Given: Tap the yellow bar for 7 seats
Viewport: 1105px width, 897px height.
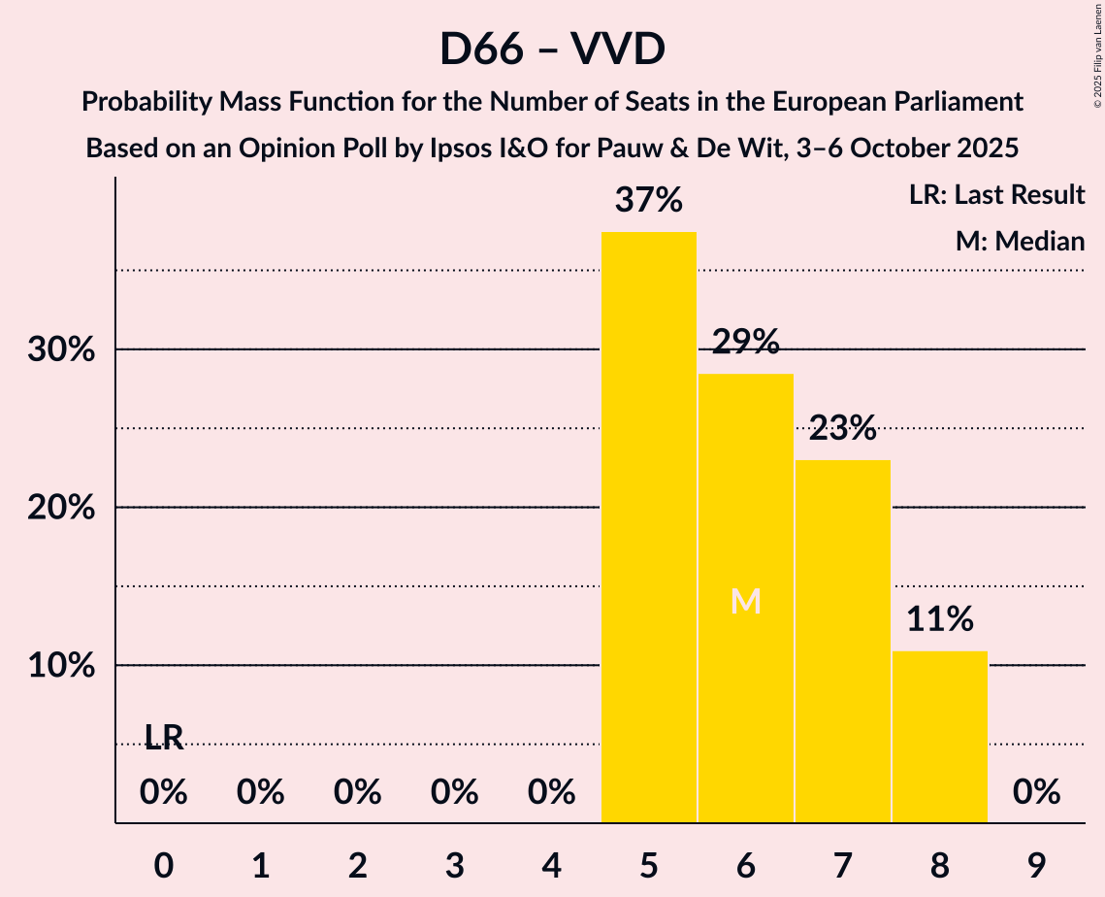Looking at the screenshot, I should [x=842, y=641].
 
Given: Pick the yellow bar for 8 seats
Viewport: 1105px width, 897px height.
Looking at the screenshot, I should [x=939, y=737].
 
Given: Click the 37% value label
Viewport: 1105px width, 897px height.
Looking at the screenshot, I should [x=648, y=201].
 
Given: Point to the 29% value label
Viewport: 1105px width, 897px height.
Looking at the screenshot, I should [x=745, y=342].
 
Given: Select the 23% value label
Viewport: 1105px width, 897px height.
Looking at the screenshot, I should [x=842, y=427].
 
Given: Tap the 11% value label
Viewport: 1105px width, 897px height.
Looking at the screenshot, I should [x=939, y=618].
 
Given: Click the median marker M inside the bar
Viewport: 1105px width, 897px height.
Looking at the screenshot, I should [x=745, y=602].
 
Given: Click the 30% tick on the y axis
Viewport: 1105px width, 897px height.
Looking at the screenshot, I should [x=61, y=349].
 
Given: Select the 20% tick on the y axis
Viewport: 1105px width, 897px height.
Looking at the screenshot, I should [x=61, y=508].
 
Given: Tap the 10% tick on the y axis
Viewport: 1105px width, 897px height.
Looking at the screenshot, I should [x=61, y=666].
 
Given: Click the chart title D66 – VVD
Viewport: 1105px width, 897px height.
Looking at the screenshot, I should [x=552, y=49].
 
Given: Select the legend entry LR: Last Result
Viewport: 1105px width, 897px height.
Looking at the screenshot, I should [x=996, y=195].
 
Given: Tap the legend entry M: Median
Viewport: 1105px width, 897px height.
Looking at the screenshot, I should [x=1020, y=241].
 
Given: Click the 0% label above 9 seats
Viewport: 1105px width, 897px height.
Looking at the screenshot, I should [x=1036, y=793].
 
